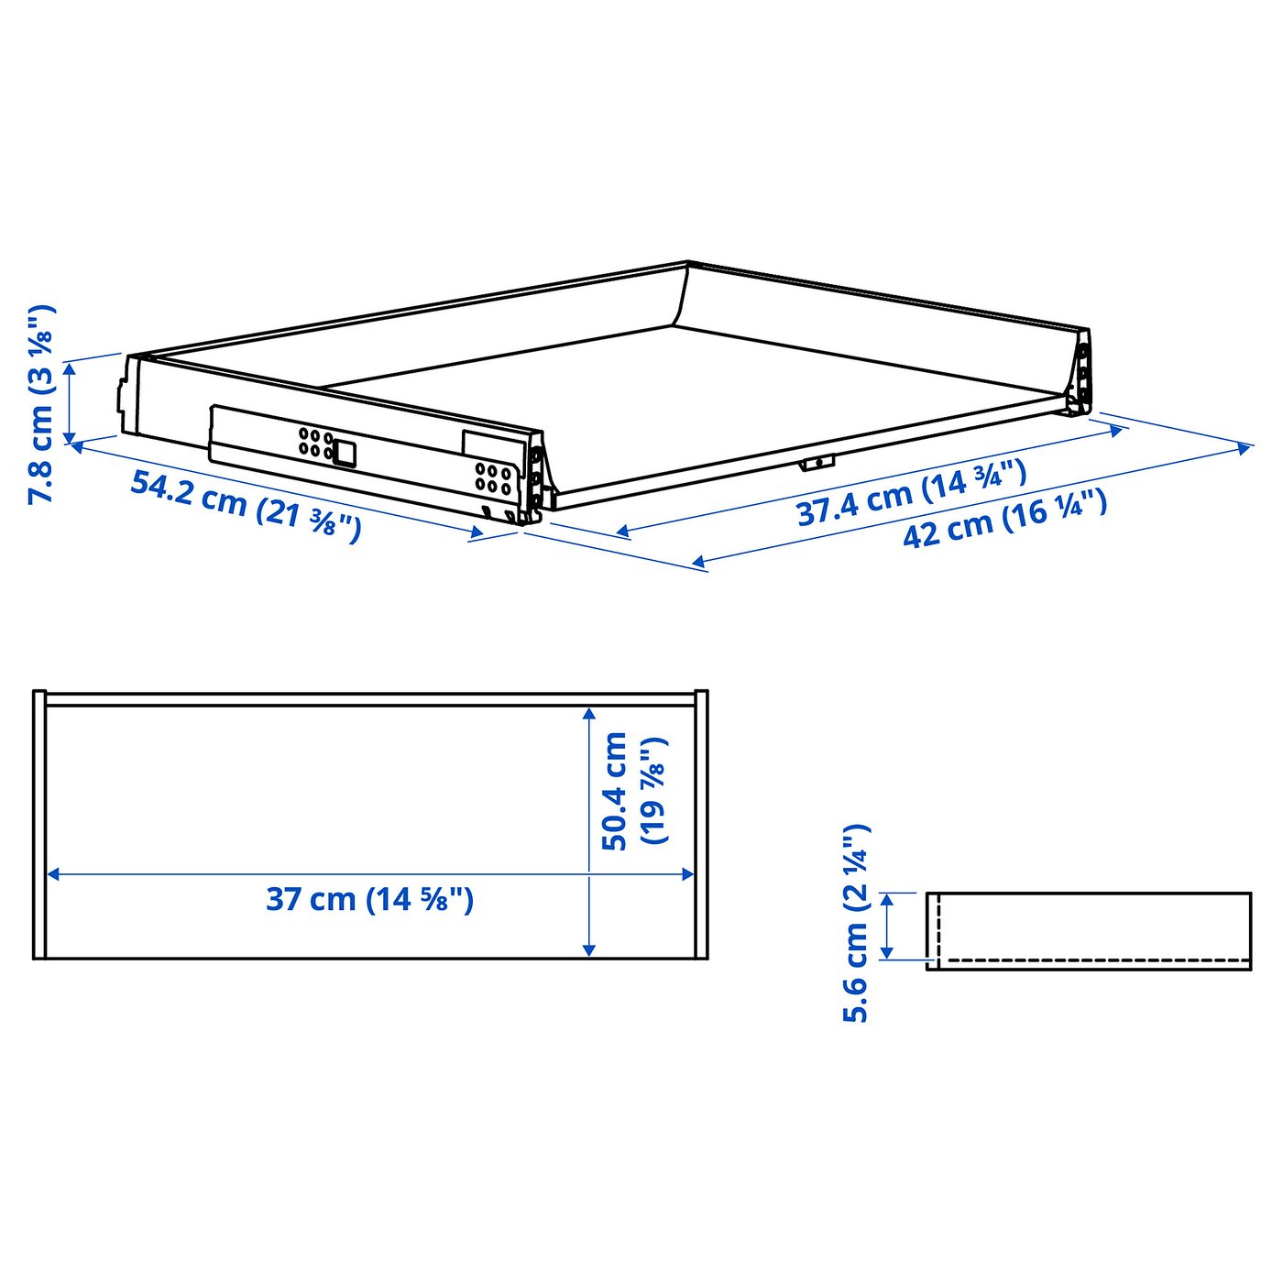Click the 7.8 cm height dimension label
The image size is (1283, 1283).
click(42, 403)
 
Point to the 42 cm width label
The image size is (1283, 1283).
click(1004, 520)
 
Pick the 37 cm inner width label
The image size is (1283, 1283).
click(369, 899)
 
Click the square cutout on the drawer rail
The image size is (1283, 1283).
click(345, 452)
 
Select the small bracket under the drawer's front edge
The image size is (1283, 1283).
click(816, 462)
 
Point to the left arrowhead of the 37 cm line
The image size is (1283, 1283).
click(53, 874)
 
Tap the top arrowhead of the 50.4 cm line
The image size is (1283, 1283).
click(589, 713)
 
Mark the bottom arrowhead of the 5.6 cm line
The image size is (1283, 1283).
click(886, 953)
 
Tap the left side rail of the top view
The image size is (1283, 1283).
click(38, 825)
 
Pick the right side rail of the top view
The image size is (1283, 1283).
click(701, 825)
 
